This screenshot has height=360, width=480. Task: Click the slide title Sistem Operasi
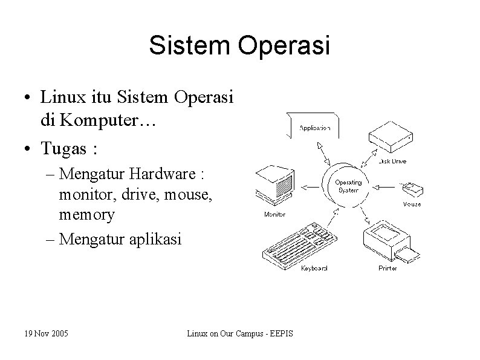pyautogui.click(x=239, y=47)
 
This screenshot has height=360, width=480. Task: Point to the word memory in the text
pyautogui.click(x=87, y=214)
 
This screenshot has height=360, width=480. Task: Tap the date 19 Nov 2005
pyautogui.click(x=46, y=333)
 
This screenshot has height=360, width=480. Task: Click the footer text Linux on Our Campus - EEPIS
pyautogui.click(x=239, y=333)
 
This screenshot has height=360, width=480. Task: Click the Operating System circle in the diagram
pyautogui.click(x=348, y=185)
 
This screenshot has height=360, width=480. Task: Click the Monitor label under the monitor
pyautogui.click(x=275, y=214)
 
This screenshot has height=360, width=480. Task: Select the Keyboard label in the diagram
pyautogui.click(x=314, y=268)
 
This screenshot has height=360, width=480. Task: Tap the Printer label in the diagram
pyautogui.click(x=388, y=268)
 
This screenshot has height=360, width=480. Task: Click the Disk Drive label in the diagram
pyautogui.click(x=392, y=162)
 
